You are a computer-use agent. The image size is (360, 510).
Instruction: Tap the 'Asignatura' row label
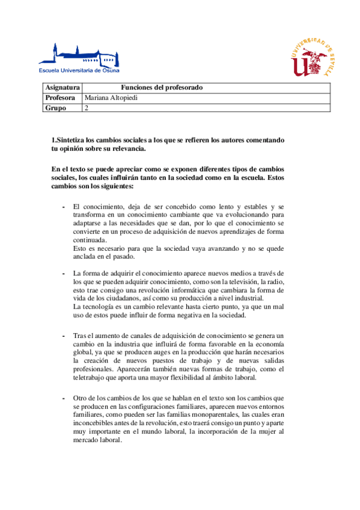coord(62,88)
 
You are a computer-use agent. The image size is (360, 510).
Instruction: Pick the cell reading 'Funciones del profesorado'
coord(162,88)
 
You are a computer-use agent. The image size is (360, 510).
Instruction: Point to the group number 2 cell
coord(87,108)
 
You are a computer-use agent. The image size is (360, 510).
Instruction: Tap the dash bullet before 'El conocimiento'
coord(64,207)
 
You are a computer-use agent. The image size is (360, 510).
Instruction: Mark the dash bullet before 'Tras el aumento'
coord(64,334)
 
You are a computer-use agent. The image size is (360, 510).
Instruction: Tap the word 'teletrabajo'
coord(93,378)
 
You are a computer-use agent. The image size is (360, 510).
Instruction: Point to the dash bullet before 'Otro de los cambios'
coord(64,398)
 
